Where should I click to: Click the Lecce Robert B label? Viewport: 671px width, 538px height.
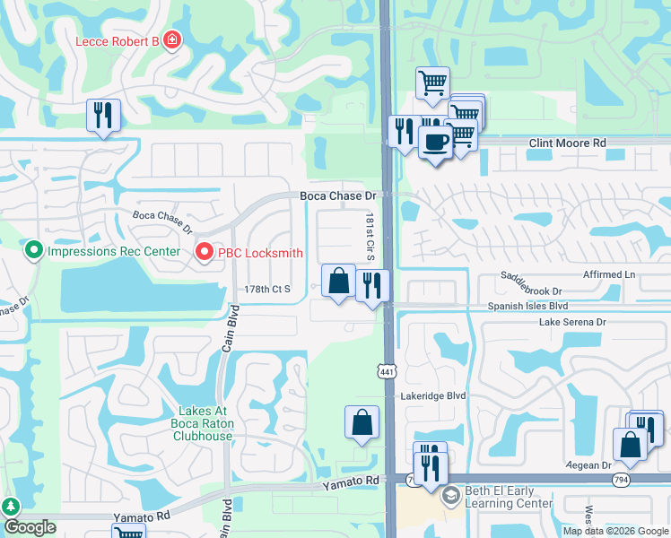(116, 41)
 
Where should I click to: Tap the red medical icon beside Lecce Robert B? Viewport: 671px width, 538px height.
(170, 41)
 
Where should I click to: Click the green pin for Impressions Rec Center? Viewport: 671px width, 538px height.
(34, 250)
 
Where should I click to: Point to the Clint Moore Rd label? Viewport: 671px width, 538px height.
(567, 143)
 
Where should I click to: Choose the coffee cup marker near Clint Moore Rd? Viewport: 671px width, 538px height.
(436, 143)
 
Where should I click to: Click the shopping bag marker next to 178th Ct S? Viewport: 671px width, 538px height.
(339, 281)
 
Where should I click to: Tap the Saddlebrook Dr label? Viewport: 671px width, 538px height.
(531, 291)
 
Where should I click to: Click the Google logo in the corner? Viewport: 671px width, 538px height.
(30, 527)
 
